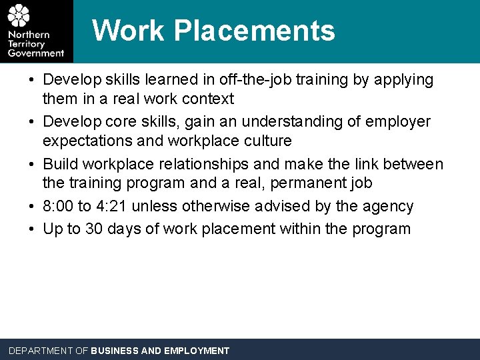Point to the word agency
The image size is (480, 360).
(x=389, y=207)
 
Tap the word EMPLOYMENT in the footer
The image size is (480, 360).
(x=197, y=351)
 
